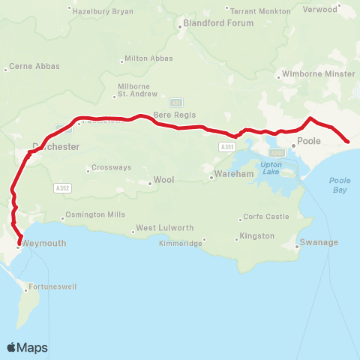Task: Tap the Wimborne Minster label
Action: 317,74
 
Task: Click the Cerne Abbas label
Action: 29,67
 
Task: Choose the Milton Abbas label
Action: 148,58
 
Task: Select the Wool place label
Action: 163,180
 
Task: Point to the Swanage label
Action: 318,242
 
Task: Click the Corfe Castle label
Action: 265,217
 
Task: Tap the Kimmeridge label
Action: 183,244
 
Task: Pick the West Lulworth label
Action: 164,228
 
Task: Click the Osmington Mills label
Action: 95,214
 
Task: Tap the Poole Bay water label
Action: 339,185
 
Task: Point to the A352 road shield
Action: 62,188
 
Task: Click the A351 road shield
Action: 228,147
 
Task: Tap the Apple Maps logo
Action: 27,347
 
